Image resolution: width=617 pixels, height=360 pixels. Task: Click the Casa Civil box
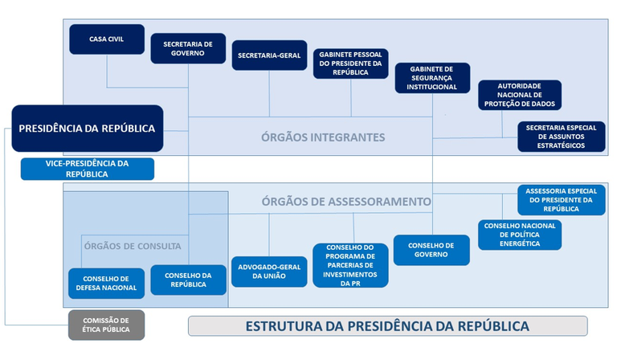[x=107, y=39]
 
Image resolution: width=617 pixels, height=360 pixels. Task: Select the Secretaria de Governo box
[x=188, y=48]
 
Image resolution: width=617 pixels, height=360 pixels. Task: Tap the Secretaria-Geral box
[x=269, y=55]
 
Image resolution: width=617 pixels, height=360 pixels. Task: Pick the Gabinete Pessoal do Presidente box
[x=350, y=63]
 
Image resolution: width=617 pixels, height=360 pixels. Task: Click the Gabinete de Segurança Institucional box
[x=432, y=78]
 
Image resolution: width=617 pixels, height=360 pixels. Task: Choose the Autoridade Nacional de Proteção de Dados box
[x=520, y=95]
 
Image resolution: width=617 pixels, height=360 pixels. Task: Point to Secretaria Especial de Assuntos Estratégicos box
[x=562, y=136]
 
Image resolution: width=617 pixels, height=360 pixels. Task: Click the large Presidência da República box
[x=87, y=128]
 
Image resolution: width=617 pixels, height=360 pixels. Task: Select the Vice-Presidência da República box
[x=87, y=169]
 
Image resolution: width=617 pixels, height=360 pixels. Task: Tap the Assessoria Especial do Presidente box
[x=562, y=199]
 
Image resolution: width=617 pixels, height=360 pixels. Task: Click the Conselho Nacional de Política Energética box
[x=520, y=234]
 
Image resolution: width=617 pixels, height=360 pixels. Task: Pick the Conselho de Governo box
[x=431, y=250]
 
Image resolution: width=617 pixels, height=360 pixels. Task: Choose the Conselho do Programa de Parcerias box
[x=350, y=265]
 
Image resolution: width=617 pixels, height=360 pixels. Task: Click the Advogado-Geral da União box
[x=269, y=271]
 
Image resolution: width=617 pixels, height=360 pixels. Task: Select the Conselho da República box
[x=188, y=280]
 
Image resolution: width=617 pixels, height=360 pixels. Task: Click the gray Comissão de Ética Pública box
[x=107, y=325]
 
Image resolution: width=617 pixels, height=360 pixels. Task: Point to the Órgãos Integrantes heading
[x=323, y=137]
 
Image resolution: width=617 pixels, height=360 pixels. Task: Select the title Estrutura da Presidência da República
[x=387, y=325]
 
